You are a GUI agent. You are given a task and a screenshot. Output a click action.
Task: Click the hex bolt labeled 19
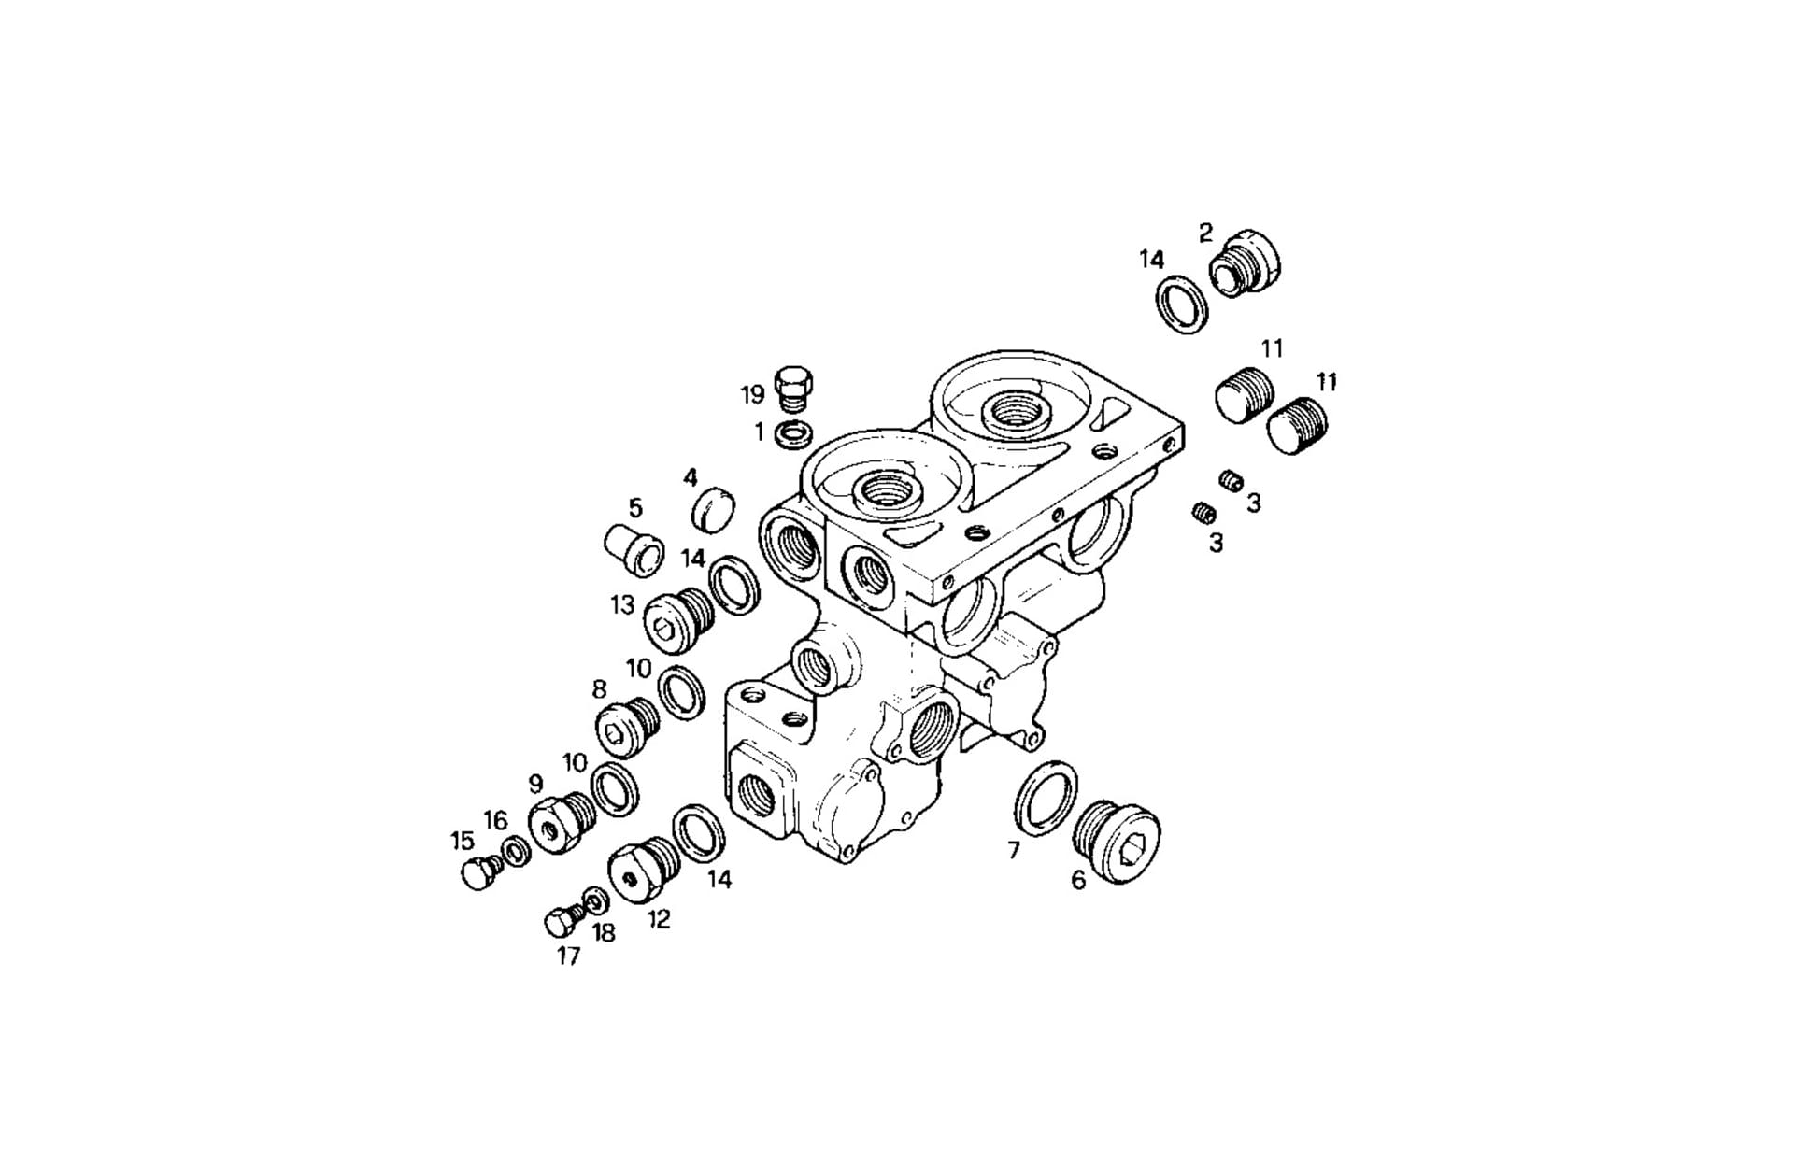pyautogui.click(x=793, y=387)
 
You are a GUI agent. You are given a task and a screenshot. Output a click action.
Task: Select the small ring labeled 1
pyautogui.click(x=793, y=433)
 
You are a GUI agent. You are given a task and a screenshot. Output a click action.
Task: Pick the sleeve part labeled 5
pyautogui.click(x=635, y=550)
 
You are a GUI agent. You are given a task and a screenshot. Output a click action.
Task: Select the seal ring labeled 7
pyautogui.click(x=1045, y=797)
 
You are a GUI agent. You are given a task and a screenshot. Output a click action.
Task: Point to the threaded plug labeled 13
pyautogui.click(x=677, y=619)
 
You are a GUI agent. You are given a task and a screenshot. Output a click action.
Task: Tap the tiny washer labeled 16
pyautogui.click(x=515, y=852)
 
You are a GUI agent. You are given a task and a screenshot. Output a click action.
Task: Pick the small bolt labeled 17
pyautogui.click(x=562, y=921)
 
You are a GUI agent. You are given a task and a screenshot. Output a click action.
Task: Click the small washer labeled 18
pyautogui.click(x=594, y=900)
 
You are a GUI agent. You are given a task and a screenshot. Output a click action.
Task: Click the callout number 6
pyautogui.click(x=1078, y=880)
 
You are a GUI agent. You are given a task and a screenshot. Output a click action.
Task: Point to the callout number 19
pyautogui.click(x=753, y=394)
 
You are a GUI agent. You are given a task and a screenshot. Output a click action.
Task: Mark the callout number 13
pyautogui.click(x=622, y=605)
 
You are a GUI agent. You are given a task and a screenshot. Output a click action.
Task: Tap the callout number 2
pyautogui.click(x=1205, y=233)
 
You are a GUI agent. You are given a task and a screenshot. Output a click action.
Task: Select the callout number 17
pyautogui.click(x=568, y=956)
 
